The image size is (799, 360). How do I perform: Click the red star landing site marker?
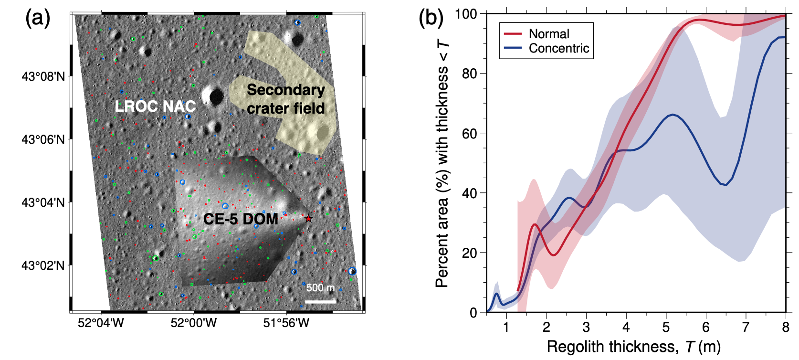[309, 218]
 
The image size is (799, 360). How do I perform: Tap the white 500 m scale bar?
[320, 301]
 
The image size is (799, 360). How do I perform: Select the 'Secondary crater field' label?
[285, 99]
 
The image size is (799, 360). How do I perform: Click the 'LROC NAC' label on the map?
[155, 106]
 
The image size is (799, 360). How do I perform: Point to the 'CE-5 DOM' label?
[241, 219]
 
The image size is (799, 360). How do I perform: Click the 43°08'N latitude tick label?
[43, 76]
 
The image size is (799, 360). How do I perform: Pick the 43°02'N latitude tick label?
[43, 265]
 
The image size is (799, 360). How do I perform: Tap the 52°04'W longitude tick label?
[101, 323]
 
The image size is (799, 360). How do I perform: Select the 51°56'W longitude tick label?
[286, 323]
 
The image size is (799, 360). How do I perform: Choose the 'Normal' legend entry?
[549, 34]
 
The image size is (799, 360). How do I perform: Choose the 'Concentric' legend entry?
[559, 48]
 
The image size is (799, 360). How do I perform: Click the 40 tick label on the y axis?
[470, 193]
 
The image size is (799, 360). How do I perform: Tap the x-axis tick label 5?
[666, 327]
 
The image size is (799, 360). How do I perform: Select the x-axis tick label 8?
[786, 327]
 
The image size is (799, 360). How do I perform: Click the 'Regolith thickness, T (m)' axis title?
[633, 347]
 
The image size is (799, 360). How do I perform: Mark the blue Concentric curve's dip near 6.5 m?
[725, 184]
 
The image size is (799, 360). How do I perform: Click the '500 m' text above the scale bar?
[320, 287]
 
